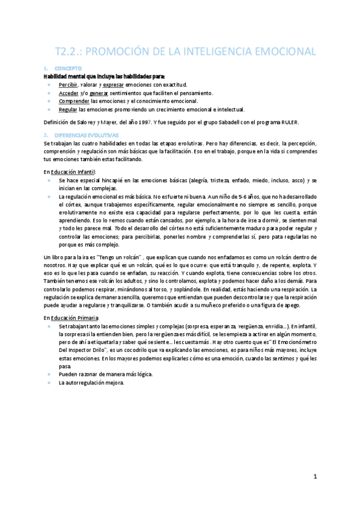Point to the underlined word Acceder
69,93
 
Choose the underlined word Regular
68,110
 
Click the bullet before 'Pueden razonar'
48,374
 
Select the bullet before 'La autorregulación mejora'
48,382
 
